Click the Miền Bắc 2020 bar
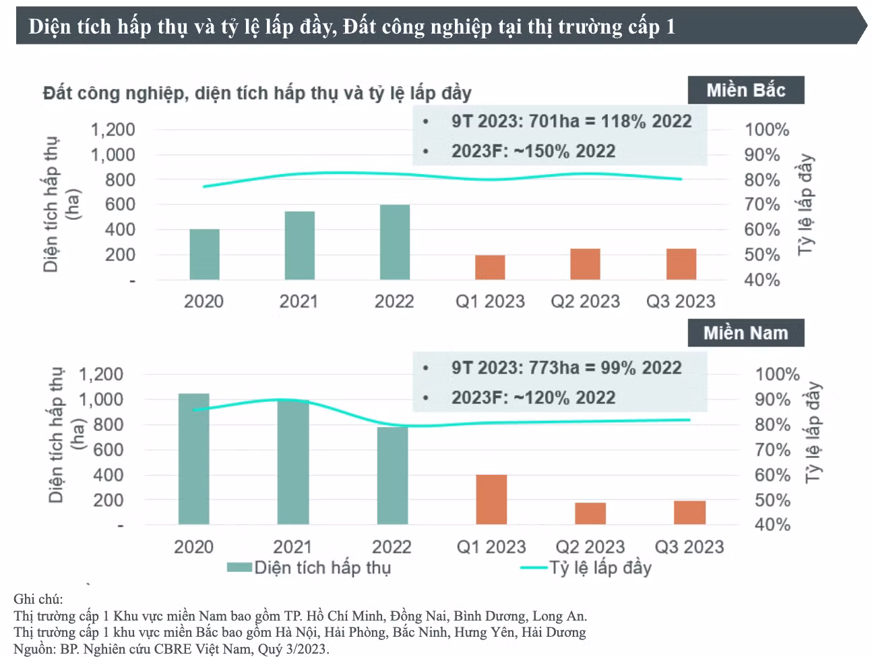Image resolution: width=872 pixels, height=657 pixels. coord(204,254)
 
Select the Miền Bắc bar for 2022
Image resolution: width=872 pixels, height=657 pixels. coord(394,242)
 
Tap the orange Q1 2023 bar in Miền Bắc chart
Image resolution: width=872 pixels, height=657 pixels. coord(490,268)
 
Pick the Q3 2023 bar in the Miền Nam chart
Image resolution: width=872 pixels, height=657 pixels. coord(689,513)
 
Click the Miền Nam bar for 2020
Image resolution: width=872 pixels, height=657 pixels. coord(193,459)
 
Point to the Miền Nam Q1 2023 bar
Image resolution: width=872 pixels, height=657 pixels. coord(491,499)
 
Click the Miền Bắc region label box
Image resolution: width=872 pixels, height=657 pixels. coord(746,90)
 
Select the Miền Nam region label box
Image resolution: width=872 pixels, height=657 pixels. coord(746,333)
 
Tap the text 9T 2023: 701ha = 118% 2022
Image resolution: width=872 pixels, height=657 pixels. coord(571,121)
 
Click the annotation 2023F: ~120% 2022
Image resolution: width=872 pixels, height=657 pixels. coord(533,397)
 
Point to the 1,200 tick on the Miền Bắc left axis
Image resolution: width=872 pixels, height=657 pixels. coord(113,130)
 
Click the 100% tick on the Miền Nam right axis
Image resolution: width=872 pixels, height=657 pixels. coord(777,374)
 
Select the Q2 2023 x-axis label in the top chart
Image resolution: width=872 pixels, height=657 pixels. coord(585,302)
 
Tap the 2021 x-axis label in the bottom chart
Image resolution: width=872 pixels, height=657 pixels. coord(292,547)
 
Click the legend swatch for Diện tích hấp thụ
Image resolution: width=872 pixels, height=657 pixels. coord(239,567)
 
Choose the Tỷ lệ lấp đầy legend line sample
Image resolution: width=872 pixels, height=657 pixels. coord(534,567)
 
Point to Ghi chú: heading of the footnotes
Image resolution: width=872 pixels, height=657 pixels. coord(38,599)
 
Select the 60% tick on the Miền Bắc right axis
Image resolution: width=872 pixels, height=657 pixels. coord(762,230)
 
